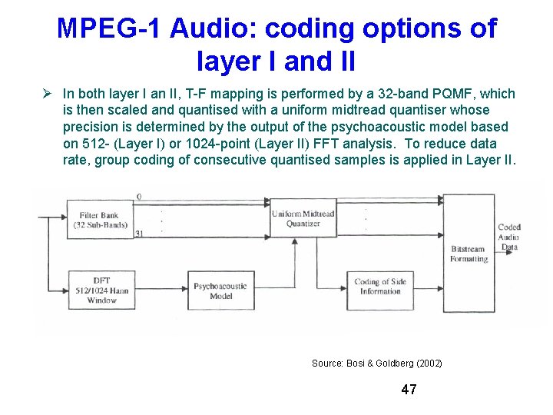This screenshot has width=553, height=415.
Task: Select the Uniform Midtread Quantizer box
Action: (x=303, y=218)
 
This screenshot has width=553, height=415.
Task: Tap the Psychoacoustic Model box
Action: (x=220, y=290)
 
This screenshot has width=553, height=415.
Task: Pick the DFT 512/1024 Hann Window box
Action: (x=101, y=290)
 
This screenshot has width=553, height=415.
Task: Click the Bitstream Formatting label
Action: (x=469, y=254)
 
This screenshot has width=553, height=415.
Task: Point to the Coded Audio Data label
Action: (x=508, y=237)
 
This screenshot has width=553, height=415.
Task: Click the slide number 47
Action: (x=409, y=390)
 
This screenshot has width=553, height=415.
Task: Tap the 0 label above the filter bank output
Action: (x=139, y=198)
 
